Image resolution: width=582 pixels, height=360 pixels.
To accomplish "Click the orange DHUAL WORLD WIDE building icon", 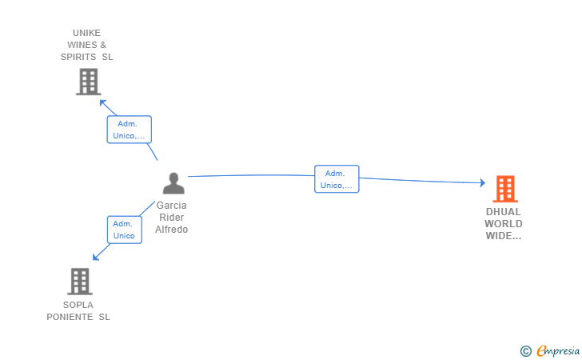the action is (x=505, y=189).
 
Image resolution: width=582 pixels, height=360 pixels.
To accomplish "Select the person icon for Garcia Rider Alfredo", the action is (x=173, y=183).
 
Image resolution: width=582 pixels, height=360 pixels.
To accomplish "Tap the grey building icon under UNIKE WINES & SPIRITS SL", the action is (x=88, y=82).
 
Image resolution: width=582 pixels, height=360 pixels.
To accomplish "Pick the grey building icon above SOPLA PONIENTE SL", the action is (x=80, y=282).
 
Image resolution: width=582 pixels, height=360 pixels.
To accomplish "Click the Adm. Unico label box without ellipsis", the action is (x=125, y=230).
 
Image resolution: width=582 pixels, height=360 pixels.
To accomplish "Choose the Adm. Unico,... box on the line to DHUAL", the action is (x=337, y=179).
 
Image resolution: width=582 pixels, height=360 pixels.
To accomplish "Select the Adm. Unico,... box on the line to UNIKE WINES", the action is (x=130, y=130).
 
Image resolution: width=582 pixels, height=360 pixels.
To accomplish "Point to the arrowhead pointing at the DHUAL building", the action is (x=482, y=182).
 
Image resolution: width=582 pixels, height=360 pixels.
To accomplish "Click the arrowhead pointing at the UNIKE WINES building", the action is (x=103, y=103).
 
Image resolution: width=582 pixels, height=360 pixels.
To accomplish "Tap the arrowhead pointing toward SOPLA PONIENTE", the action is (x=96, y=257).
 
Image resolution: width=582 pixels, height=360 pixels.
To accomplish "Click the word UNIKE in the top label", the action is (x=86, y=33).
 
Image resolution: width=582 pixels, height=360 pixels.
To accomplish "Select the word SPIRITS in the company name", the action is (x=78, y=57).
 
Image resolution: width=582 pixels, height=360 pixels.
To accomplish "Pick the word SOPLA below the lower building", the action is (x=78, y=305).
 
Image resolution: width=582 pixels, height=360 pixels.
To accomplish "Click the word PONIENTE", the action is (x=70, y=317).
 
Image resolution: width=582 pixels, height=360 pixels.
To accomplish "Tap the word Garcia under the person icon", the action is (x=171, y=206).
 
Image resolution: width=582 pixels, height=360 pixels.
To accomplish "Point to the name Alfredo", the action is (x=171, y=230).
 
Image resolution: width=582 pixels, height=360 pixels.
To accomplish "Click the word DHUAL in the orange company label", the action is (x=504, y=212).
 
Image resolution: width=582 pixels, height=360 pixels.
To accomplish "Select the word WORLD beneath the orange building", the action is (x=504, y=224).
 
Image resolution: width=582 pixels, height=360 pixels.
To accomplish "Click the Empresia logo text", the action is (x=558, y=350).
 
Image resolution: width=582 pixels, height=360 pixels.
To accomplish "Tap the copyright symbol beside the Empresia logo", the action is (x=525, y=351).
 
